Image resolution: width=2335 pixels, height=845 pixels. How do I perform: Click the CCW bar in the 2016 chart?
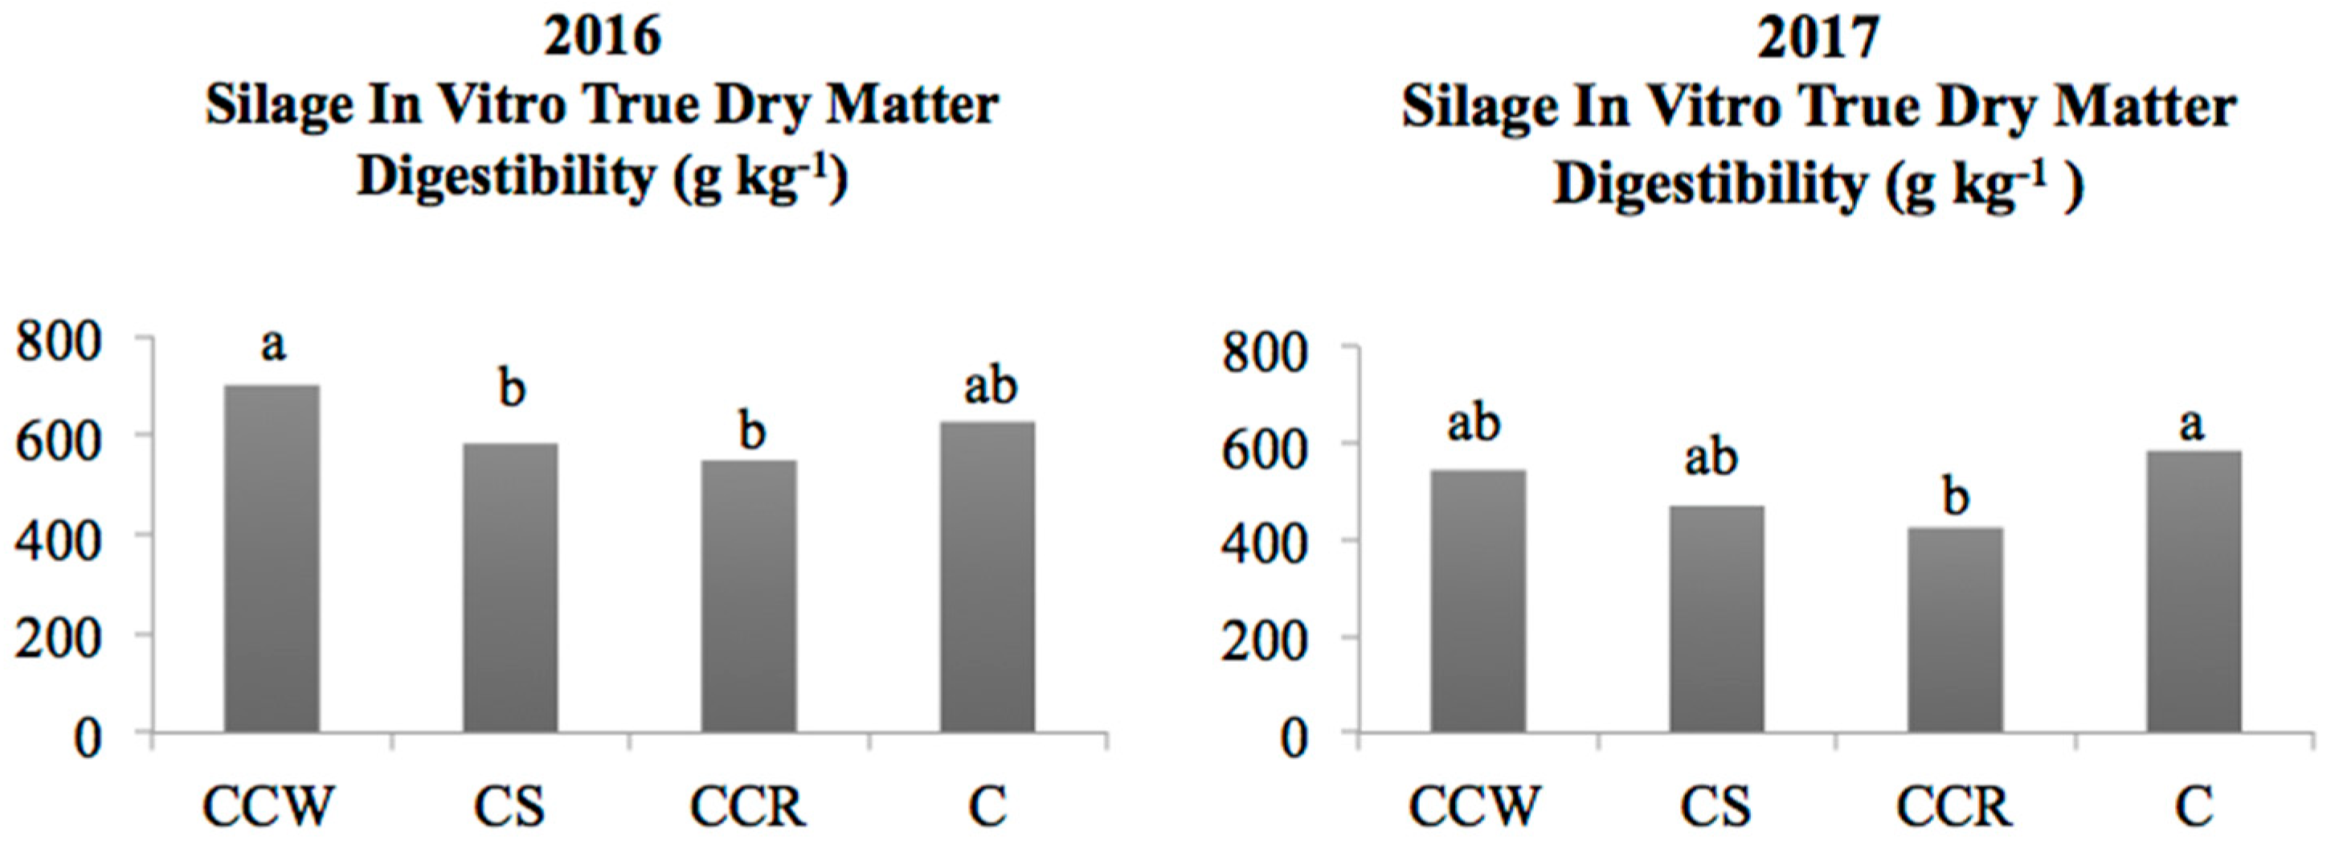272,558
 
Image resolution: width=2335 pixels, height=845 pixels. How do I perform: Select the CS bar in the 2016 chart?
510,587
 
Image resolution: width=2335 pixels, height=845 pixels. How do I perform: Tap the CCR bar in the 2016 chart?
750,596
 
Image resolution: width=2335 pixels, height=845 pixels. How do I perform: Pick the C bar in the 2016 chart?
988,576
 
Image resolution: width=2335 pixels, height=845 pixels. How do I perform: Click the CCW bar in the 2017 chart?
1478,601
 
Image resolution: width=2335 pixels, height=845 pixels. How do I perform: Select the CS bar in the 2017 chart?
1717,618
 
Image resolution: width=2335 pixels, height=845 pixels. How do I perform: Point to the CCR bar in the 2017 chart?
1955,630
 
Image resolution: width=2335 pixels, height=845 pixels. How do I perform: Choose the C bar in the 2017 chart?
2194,590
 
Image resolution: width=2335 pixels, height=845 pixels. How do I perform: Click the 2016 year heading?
602,38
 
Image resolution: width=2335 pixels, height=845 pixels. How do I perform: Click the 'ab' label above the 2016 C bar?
990,388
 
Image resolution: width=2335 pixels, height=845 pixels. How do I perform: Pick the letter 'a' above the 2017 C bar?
2192,425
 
